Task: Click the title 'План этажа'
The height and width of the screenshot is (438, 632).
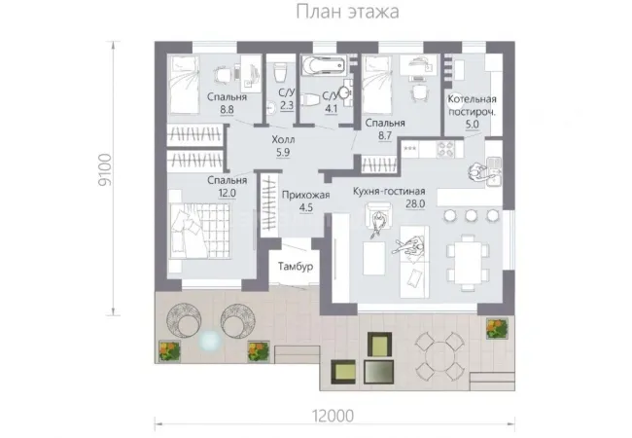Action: (x=347, y=12)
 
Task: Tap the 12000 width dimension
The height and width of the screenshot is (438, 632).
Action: (x=334, y=416)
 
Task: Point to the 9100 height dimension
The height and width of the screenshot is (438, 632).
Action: (x=105, y=169)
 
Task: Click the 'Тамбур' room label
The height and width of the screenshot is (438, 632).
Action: (x=296, y=266)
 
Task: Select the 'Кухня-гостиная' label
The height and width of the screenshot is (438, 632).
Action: (x=389, y=191)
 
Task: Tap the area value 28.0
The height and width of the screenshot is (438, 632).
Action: (x=415, y=204)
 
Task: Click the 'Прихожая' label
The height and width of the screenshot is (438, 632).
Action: (x=305, y=196)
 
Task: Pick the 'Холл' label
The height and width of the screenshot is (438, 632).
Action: (x=283, y=140)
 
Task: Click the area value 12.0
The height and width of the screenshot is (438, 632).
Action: (x=227, y=193)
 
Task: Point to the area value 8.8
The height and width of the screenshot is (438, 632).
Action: (x=227, y=109)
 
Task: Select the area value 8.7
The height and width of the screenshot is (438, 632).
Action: (x=385, y=135)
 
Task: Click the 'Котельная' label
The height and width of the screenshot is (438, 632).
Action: (x=472, y=99)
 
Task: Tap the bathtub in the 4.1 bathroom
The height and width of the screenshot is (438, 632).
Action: (x=324, y=64)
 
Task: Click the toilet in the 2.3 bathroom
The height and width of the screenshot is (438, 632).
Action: (x=279, y=72)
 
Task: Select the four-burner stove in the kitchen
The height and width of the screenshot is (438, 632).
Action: (x=445, y=148)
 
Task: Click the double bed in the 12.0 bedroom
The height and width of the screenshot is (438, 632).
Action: (x=200, y=231)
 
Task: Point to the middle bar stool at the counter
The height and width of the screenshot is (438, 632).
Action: (x=471, y=216)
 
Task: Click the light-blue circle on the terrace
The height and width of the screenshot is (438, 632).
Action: (x=210, y=342)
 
